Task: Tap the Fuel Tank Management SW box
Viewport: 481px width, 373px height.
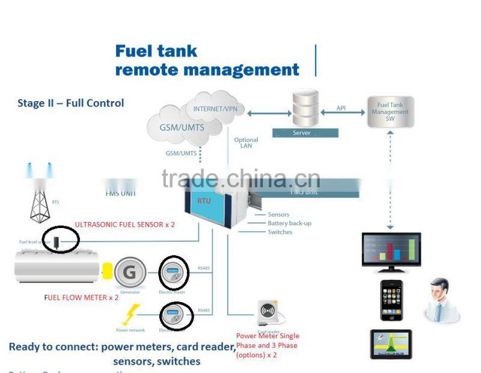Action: coord(390,111)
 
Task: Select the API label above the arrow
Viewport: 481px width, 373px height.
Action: coord(341,108)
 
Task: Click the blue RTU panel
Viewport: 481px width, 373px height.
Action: coord(208,211)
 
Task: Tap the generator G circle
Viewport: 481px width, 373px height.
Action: coord(129,272)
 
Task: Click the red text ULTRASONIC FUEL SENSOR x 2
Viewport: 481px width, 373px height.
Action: coord(124,224)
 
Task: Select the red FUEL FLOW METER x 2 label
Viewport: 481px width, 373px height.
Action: coord(82,297)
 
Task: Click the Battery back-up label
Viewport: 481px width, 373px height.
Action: coord(289,223)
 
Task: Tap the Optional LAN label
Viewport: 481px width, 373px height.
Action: coord(246,143)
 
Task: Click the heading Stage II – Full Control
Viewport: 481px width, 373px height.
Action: coord(71,103)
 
